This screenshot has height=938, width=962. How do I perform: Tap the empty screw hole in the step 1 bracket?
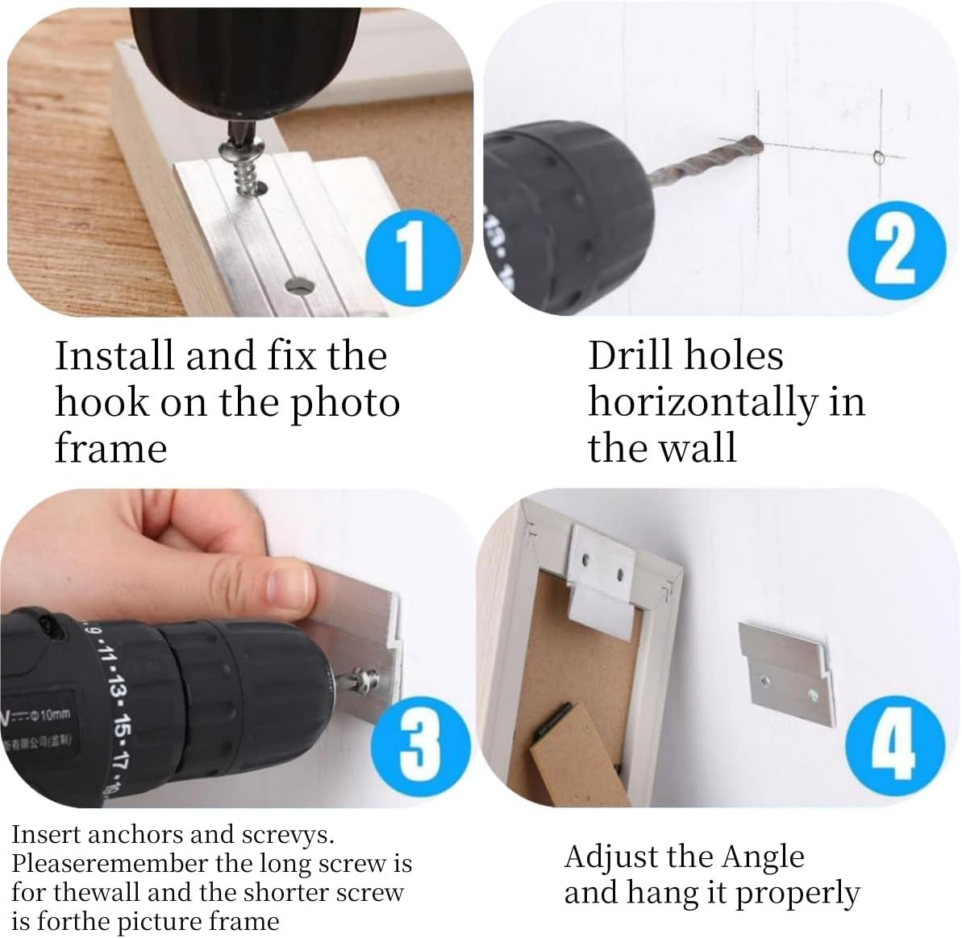pyautogui.click(x=298, y=285)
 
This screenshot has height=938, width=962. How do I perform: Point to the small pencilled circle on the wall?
pyautogui.click(x=879, y=156)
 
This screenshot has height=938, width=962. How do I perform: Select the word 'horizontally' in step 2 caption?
pyautogui.click(x=702, y=402)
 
